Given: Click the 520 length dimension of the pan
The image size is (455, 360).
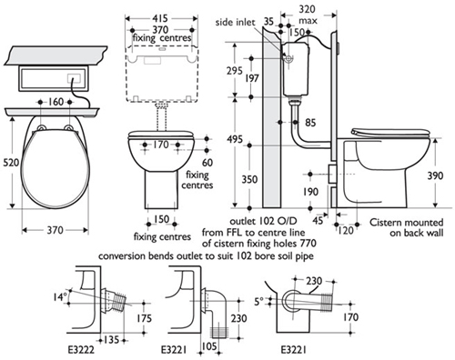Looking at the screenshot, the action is coord(11,163).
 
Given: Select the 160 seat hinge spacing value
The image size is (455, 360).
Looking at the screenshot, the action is coord(56,102).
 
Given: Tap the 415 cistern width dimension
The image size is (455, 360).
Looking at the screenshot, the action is coord(160,18).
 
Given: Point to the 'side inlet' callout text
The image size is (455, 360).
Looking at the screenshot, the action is coord(235,23).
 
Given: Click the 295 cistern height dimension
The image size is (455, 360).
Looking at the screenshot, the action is coord(235,71).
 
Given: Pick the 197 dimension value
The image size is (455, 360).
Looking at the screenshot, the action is coord(252,78).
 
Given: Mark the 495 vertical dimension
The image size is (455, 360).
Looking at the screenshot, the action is coord(235,139).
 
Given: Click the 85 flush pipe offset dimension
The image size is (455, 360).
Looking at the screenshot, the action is coord(310,123).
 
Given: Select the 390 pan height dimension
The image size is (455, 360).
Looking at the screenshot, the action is coord(435,175).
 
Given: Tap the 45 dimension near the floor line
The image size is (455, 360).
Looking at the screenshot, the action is coord(318,220).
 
